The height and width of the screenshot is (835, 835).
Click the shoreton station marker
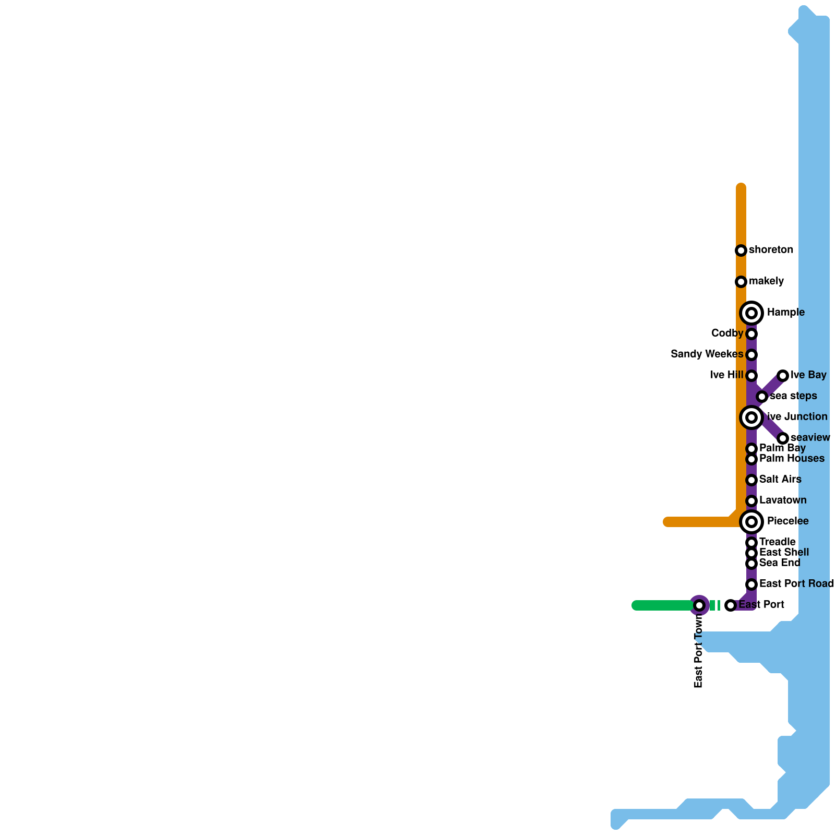[x=741, y=250]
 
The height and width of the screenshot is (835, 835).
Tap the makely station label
[x=766, y=281]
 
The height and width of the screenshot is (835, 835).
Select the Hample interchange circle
[x=751, y=313]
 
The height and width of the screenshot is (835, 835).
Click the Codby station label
[x=727, y=333]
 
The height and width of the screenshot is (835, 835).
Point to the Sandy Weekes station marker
[x=751, y=355]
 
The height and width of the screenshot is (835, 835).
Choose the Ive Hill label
[x=726, y=375]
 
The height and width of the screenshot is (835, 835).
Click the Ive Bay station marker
[x=782, y=376]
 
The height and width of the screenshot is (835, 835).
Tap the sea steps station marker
[x=762, y=397]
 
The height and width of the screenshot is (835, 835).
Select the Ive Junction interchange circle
[x=751, y=417]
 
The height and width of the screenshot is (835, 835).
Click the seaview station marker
[x=782, y=438]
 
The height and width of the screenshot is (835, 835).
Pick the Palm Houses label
[x=792, y=459]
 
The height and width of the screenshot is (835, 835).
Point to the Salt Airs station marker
[x=751, y=480]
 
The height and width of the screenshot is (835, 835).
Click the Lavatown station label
[x=783, y=500]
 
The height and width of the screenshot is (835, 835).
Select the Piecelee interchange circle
[x=751, y=522]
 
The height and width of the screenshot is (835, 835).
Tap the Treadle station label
[x=777, y=542]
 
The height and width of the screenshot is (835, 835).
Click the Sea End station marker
[x=751, y=564]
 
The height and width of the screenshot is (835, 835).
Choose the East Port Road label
[x=796, y=584]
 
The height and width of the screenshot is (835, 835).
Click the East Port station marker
[x=731, y=605]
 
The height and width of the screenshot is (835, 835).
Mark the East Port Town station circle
[x=699, y=605]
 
